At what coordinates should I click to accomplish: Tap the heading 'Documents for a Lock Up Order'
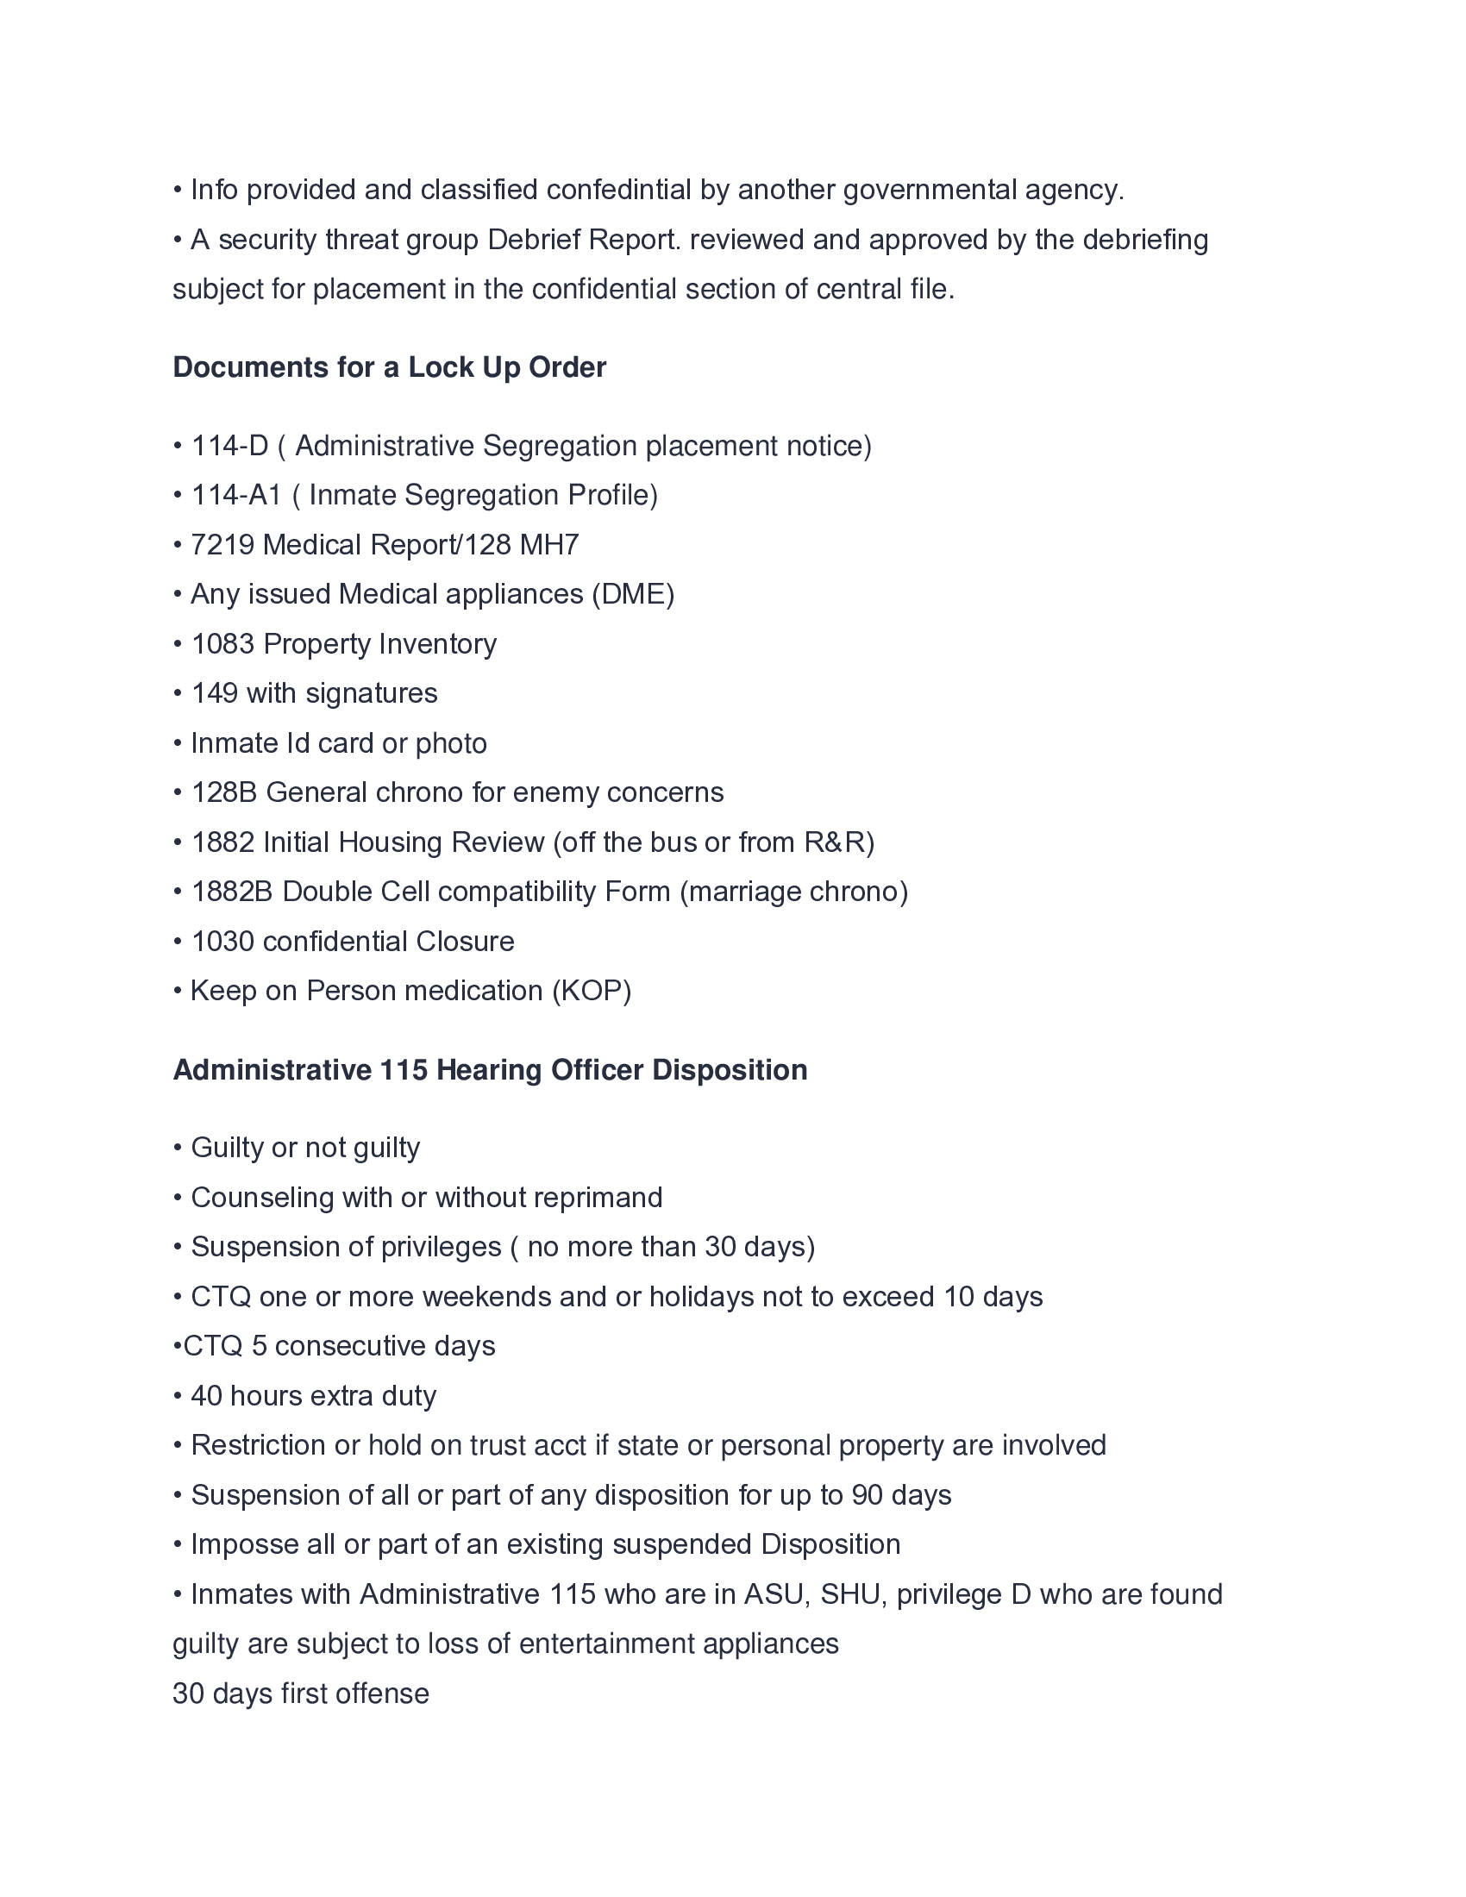tap(389, 367)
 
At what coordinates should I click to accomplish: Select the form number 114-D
tap(229, 446)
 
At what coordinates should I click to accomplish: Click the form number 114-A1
tap(236, 495)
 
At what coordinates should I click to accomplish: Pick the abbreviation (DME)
tap(632, 594)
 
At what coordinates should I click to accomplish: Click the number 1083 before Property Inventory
tap(222, 643)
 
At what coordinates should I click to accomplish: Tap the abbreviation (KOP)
tap(592, 991)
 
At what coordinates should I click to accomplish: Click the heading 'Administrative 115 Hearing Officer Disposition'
tap(490, 1070)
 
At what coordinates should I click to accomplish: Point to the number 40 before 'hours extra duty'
tap(207, 1396)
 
